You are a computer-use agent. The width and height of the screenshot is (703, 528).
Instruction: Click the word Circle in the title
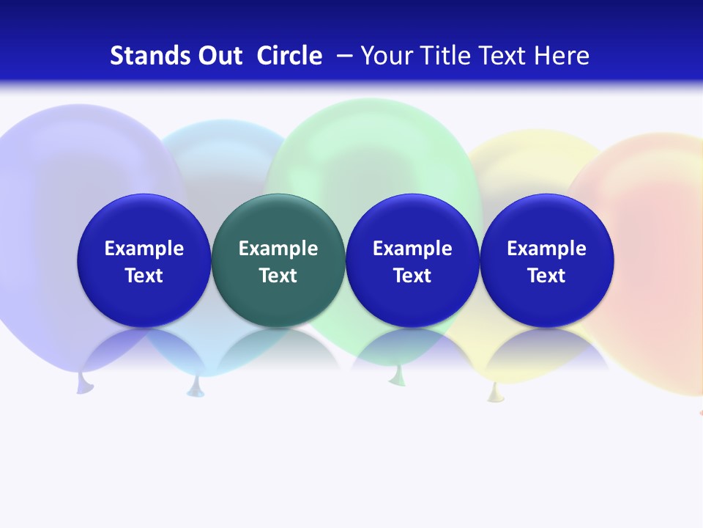[x=289, y=56]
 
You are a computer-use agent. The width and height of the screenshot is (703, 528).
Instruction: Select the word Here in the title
[x=562, y=56]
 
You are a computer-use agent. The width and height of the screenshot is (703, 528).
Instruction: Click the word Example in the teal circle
[x=278, y=249]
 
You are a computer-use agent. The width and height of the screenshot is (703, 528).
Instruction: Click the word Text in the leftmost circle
[x=144, y=276]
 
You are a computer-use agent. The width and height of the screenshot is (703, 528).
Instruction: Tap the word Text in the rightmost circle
[x=546, y=276]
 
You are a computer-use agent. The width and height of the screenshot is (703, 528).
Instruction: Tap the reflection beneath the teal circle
[x=278, y=348]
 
